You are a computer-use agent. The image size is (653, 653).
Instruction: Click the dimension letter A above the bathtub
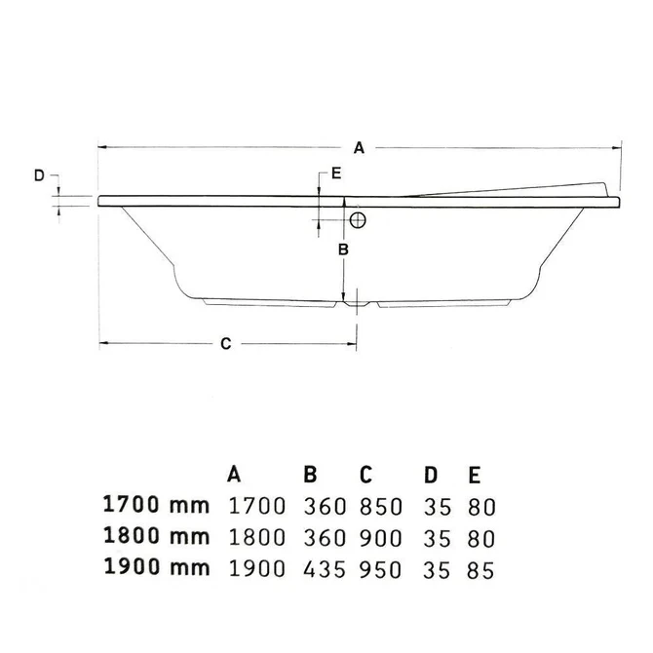[x=359, y=148]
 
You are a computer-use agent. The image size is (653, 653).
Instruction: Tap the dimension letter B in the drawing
[x=342, y=250]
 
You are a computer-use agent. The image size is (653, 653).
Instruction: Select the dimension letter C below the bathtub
[x=225, y=343]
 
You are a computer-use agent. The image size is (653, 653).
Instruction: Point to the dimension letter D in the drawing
[x=39, y=175]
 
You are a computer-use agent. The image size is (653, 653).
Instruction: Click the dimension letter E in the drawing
[x=335, y=173]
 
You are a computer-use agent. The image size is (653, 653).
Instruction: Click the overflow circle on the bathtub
[x=358, y=220]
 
